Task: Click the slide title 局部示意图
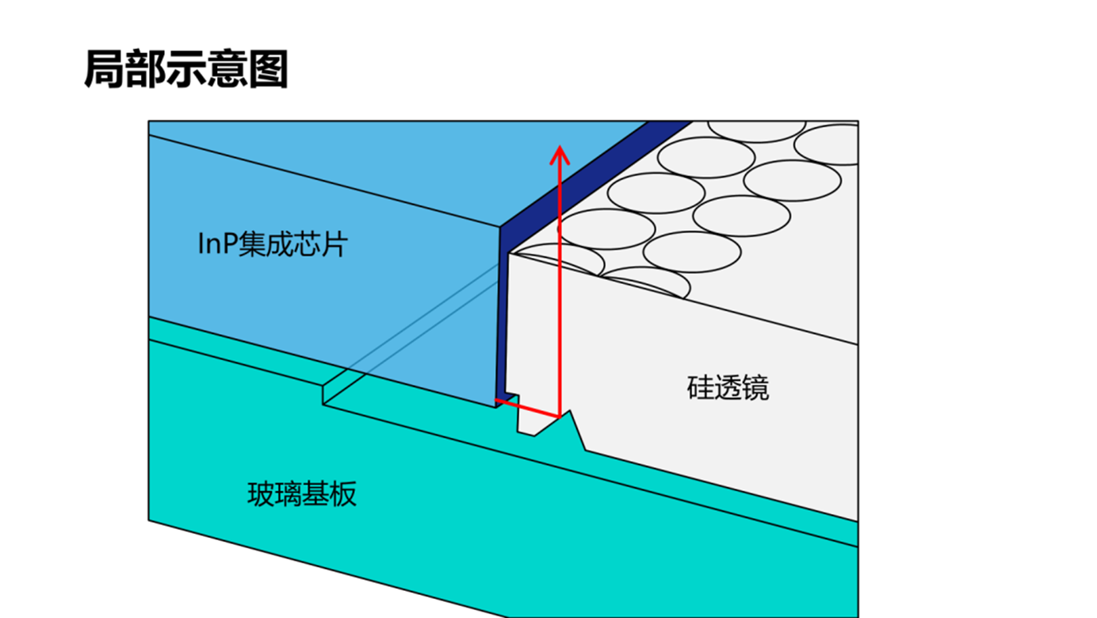[x=185, y=70]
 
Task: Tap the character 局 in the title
[x=103, y=70]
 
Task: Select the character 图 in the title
[x=269, y=70]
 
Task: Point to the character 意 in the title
[x=227, y=70]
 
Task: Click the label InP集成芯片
[x=272, y=244]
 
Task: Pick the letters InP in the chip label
[x=217, y=244]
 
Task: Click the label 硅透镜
[x=727, y=388]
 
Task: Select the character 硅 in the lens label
[x=700, y=388]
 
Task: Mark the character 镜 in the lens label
[x=755, y=388]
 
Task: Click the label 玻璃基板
[x=302, y=494]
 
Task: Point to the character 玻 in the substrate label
[x=261, y=494]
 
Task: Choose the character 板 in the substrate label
[x=343, y=494]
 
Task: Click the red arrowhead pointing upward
[x=560, y=154]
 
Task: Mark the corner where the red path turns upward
[x=560, y=415]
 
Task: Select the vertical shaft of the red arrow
[x=560, y=286]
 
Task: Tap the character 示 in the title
[x=186, y=70]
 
